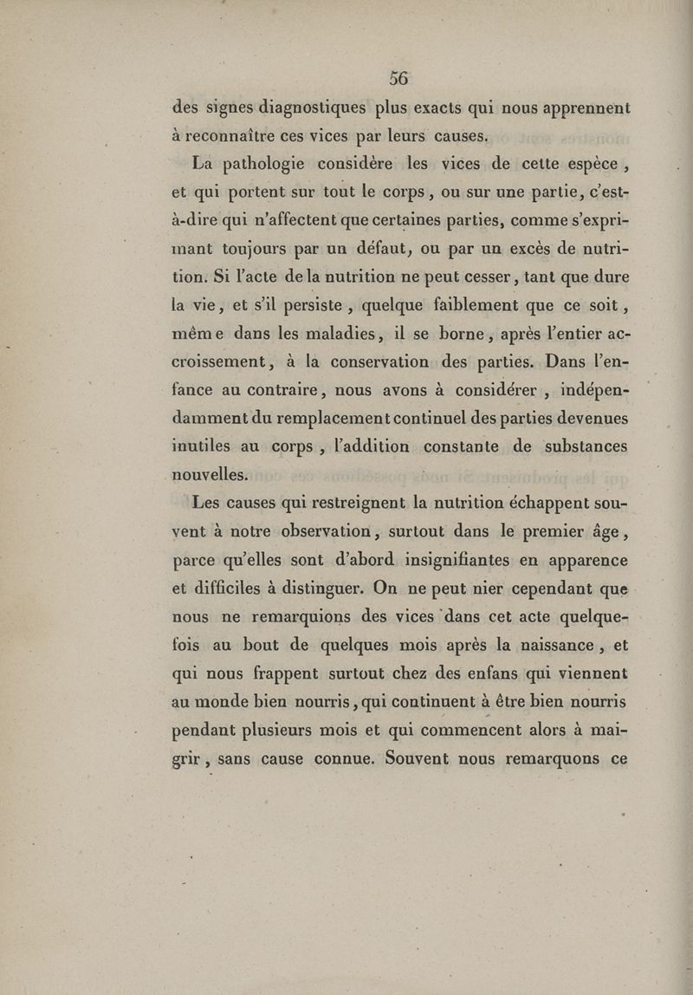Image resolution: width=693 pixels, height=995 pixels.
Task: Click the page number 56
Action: tap(398, 77)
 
